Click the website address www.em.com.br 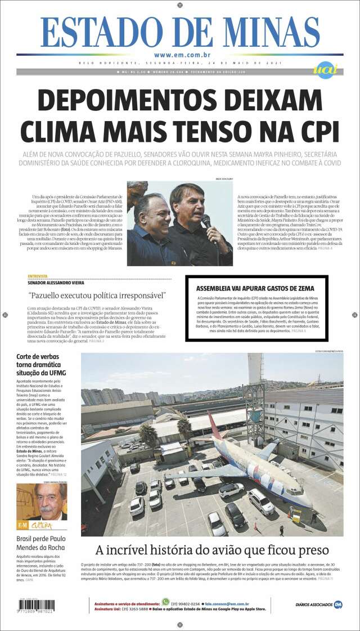[182, 55]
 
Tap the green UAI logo [326, 70]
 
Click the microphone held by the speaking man [206, 220]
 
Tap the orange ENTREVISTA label [37, 276]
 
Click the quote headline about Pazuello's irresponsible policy [96, 295]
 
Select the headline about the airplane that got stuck [212, 550]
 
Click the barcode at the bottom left [36, 606]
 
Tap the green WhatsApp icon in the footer [165, 601]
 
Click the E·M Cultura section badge [34, 525]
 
